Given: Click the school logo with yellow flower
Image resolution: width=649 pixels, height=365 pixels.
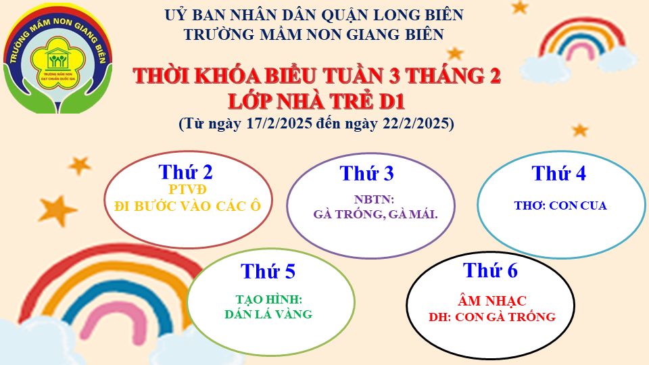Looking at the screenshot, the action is click(58, 59).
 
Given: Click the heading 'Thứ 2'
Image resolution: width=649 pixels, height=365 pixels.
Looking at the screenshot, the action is click(185, 172).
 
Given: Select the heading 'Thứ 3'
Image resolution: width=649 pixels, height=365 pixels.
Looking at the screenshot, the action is click(366, 174).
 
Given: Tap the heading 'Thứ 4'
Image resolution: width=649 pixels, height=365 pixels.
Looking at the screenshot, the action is click(559, 174).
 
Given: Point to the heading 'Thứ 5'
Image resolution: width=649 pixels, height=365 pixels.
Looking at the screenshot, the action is click(268, 272).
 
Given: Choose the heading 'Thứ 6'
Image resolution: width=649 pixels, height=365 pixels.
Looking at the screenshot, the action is click(490, 270).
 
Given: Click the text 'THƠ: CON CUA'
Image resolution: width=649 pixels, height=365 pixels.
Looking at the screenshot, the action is click(560, 205).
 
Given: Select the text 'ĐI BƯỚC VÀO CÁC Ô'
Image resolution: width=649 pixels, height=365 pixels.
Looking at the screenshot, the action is click(187, 206).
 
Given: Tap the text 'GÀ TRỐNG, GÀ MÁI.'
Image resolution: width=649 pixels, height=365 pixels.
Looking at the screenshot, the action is click(375, 214).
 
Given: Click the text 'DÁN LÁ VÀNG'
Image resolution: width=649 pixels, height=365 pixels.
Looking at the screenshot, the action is click(268, 314).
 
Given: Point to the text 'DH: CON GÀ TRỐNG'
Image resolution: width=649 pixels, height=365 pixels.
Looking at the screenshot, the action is click(492, 317).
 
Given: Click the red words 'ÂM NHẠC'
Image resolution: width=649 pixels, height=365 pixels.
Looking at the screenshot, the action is click(492, 301).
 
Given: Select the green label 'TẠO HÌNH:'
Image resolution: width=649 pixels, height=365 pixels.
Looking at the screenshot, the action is click(269, 299).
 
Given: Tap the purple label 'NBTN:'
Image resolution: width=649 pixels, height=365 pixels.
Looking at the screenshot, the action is click(374, 199).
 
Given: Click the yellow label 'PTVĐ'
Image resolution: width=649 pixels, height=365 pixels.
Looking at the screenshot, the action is click(187, 189).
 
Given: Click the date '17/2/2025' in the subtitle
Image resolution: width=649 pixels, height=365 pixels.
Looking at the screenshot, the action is click(279, 123).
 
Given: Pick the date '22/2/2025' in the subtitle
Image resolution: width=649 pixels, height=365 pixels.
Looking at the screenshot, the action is click(416, 123).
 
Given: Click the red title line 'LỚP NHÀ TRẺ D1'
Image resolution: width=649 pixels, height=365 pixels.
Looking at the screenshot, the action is click(316, 101).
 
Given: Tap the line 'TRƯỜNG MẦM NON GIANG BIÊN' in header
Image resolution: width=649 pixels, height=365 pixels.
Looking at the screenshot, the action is click(314, 34).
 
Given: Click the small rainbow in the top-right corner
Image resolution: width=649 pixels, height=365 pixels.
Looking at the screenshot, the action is click(579, 45).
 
